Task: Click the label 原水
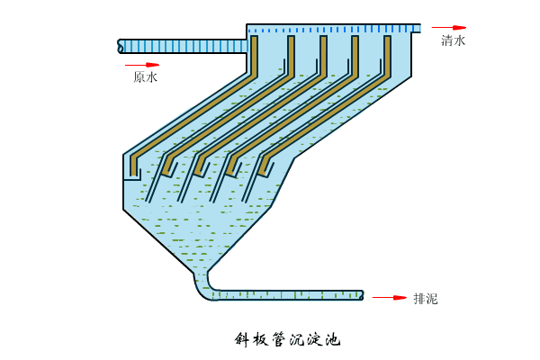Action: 145,77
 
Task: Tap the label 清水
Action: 453,40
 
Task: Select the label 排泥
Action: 425,299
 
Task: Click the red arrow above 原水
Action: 141,65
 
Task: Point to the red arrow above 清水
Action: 448,28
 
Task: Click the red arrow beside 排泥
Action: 390,297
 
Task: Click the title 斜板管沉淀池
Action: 287,339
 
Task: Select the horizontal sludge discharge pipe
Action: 288,294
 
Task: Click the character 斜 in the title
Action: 241,339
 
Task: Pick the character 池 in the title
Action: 333,339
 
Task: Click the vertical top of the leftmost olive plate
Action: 254,54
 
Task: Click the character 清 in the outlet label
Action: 446,40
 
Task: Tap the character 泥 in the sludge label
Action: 431,299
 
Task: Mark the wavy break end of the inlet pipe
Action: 121,45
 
